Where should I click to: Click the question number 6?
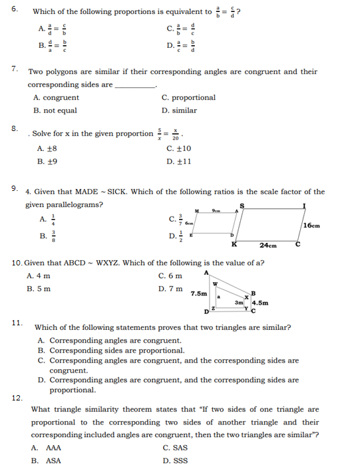point(15,11)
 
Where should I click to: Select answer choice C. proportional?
point(188,98)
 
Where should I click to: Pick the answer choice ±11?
point(179,161)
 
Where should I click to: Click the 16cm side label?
point(311,226)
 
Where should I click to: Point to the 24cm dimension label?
point(268,245)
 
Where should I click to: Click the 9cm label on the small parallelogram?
point(214,210)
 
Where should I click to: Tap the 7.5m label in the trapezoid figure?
point(198,292)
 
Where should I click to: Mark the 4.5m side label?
point(260,303)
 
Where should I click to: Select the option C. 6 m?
point(170,276)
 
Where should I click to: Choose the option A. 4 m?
point(39,276)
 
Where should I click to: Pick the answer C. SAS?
point(175,448)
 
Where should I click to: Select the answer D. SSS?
point(175,460)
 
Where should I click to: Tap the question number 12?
point(16,398)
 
